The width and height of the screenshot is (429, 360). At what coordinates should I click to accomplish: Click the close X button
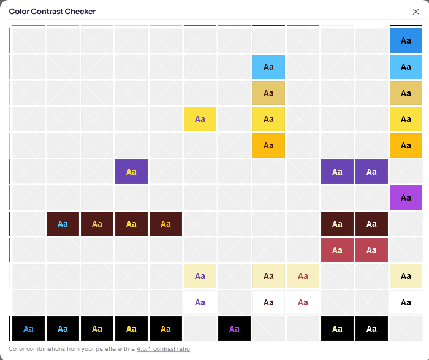pyautogui.click(x=416, y=12)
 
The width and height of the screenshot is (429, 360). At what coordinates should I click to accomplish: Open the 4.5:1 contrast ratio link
pyautogui.click(x=164, y=349)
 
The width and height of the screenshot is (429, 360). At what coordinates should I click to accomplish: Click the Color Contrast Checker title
pyautogui.click(x=52, y=12)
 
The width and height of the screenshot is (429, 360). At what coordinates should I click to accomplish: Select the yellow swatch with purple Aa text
pyautogui.click(x=200, y=119)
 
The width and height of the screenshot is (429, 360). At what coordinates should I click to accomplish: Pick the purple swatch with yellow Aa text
pyautogui.click(x=131, y=172)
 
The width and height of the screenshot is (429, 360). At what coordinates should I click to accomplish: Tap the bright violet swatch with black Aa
pyautogui.click(x=406, y=197)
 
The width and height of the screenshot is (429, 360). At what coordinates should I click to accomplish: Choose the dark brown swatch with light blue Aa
pyautogui.click(x=63, y=224)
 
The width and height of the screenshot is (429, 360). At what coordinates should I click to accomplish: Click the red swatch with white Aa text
pyautogui.click(x=371, y=250)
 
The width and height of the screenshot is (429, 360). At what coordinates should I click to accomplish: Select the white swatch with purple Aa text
pyautogui.click(x=200, y=302)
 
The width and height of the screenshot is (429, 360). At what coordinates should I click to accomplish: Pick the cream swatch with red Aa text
pyautogui.click(x=303, y=276)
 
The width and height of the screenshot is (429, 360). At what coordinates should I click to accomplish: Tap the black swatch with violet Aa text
pyautogui.click(x=234, y=329)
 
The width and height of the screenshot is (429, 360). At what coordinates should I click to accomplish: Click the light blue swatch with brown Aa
pyautogui.click(x=268, y=67)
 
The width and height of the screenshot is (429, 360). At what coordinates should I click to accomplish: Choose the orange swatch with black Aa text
pyautogui.click(x=406, y=145)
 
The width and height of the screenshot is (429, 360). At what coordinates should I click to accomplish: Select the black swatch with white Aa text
pyautogui.click(x=371, y=329)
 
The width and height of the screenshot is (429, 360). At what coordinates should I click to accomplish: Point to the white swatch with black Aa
pyautogui.click(x=406, y=302)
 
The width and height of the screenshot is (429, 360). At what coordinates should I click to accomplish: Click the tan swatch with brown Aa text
pyautogui.click(x=268, y=93)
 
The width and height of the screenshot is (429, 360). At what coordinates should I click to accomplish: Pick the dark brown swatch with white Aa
pyautogui.click(x=371, y=224)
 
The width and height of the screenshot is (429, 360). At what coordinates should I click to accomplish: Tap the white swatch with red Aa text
pyautogui.click(x=303, y=302)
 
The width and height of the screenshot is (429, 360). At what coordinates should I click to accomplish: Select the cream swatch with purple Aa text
pyautogui.click(x=200, y=276)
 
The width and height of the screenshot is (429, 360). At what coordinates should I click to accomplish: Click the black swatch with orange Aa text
pyautogui.click(x=165, y=329)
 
